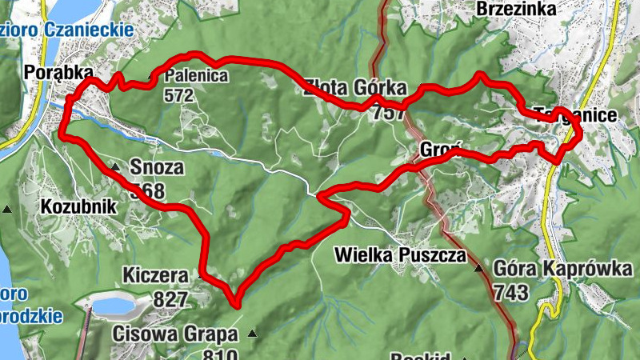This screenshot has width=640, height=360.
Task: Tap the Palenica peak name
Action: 196,77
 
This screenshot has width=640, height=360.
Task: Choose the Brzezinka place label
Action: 516,9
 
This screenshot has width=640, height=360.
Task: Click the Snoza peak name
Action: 157,168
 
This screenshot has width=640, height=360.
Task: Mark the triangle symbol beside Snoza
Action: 115,167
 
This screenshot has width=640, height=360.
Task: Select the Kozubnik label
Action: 78,207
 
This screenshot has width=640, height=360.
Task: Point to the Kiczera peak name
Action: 155,276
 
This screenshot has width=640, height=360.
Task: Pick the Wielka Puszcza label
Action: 400,256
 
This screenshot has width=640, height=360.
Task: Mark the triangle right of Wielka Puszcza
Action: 479,268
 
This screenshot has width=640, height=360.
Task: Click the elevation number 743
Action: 510,292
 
